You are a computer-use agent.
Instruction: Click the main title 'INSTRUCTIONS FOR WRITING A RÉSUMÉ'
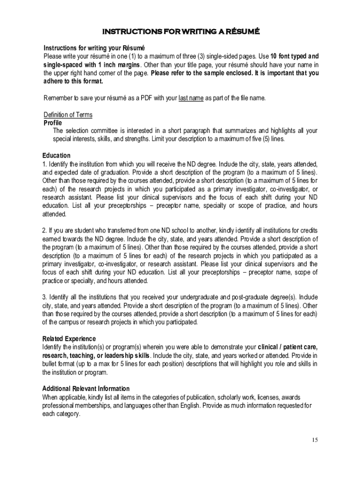click(180, 32)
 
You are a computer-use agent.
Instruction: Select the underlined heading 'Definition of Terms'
click(68, 115)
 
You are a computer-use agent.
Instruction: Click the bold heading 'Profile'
click(52, 123)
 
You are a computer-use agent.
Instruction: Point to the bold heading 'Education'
click(57, 155)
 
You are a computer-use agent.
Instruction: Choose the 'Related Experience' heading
click(69, 339)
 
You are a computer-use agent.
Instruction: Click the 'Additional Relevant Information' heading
click(86, 389)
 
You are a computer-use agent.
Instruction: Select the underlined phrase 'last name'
click(191, 98)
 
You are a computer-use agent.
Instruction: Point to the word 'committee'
click(105, 131)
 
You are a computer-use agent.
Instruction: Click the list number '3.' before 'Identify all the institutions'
click(45, 297)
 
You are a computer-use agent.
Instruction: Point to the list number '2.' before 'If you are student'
click(45, 231)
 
